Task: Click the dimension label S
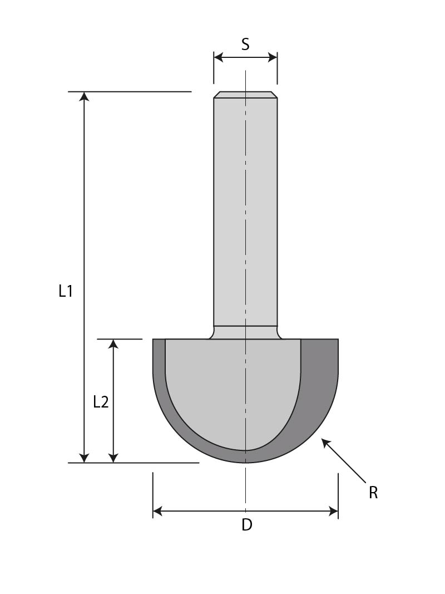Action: point(245,45)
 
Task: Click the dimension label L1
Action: point(66,291)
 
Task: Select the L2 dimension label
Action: point(101,401)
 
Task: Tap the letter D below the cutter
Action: point(246,524)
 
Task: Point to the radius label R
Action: point(373,493)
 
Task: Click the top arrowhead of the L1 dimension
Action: point(84,97)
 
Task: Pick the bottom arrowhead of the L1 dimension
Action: point(84,457)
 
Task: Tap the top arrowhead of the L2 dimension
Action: point(113,344)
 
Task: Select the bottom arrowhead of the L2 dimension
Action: point(113,457)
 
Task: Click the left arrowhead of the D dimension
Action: point(158,511)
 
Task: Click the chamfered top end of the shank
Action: point(245,95)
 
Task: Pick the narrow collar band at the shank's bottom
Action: point(245,332)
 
